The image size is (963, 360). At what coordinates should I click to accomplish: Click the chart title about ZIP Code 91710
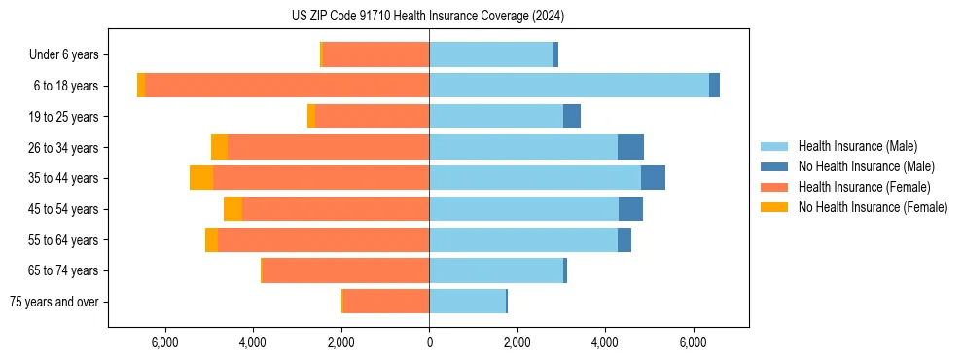[x=428, y=17]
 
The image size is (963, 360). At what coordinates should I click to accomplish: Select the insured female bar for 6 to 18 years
[x=287, y=86]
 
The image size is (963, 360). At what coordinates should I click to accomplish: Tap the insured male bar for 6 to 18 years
[x=569, y=86]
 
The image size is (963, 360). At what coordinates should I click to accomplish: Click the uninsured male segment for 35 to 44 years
[x=653, y=178]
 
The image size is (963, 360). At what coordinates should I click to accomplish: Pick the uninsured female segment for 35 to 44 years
[x=201, y=178]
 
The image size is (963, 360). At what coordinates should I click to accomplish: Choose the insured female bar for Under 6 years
[x=375, y=54]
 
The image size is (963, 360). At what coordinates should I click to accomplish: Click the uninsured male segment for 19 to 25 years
[x=572, y=117]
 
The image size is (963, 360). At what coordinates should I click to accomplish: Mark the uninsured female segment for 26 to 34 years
[x=219, y=147]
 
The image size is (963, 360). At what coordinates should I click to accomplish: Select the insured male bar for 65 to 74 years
[x=496, y=270]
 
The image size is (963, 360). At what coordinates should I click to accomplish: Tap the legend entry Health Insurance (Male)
[x=857, y=146]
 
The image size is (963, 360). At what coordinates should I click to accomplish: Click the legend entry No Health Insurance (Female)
[x=873, y=207]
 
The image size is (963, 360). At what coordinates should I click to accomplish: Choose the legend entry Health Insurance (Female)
[x=864, y=187]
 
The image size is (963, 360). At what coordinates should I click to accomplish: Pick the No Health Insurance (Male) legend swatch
[x=774, y=166]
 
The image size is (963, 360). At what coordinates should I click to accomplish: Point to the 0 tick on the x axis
[x=429, y=342]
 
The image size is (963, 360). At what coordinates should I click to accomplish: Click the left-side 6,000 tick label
[x=164, y=342]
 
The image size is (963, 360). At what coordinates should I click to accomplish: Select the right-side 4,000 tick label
[x=605, y=342]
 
